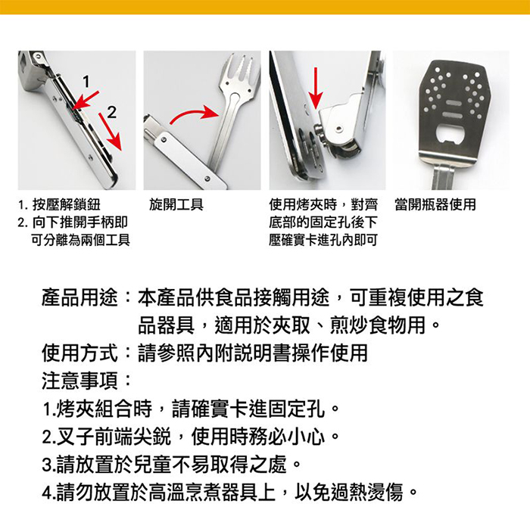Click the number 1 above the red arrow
(86, 82)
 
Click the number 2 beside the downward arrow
(111, 113)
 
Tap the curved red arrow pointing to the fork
(195, 114)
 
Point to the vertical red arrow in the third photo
(316, 88)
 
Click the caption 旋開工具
(176, 204)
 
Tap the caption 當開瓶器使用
(435, 204)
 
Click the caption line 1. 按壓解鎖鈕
(59, 204)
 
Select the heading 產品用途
(79, 298)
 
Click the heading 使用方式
(79, 353)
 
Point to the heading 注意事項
(79, 381)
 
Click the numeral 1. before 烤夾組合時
(49, 409)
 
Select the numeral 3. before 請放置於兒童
(49, 465)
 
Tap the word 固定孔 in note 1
(297, 409)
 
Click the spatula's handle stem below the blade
(443, 177)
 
